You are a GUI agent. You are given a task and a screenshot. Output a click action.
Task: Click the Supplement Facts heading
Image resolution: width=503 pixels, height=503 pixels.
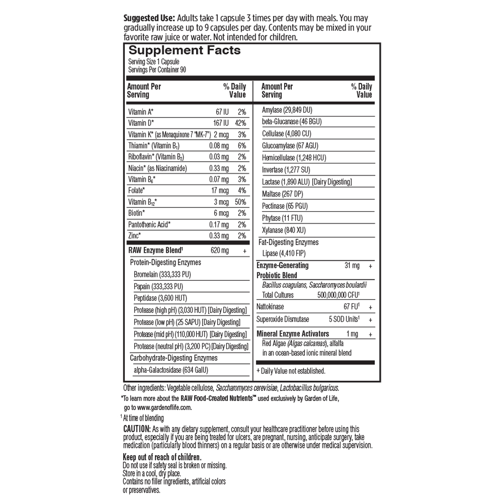184,51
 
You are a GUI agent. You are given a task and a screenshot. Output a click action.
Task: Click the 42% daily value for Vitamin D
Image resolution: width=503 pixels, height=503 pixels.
240,123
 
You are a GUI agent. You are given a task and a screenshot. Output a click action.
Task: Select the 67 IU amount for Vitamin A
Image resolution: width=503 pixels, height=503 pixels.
222,112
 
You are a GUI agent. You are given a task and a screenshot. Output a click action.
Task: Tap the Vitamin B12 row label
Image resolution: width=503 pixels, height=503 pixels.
142,202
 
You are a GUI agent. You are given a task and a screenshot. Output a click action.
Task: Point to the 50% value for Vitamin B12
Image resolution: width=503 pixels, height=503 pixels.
240,202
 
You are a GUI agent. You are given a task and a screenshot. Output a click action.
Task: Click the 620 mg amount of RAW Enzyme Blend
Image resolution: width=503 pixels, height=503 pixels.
220,250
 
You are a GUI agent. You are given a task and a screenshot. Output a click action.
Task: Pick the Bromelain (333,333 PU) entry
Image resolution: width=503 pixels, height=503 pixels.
162,274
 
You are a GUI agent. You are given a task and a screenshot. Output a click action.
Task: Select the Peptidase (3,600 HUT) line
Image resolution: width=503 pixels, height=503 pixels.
160,298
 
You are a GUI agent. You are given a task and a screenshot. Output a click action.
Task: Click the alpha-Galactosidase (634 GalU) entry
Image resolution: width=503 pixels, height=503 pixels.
171,370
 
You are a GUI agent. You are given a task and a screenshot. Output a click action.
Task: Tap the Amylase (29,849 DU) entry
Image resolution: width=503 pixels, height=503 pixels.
287,110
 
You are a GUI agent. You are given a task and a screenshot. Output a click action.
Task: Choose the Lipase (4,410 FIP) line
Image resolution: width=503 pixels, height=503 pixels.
284,253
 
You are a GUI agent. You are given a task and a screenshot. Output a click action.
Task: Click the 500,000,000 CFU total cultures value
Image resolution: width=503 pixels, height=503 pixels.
338,295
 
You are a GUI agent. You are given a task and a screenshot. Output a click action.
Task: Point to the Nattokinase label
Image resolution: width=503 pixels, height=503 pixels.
270,307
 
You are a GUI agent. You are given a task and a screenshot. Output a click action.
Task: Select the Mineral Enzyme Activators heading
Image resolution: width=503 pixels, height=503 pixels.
293,334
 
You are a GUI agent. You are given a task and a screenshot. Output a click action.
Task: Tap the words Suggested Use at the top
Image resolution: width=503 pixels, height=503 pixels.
149,18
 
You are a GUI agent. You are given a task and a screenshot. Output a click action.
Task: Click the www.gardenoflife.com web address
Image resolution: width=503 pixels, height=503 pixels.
164,407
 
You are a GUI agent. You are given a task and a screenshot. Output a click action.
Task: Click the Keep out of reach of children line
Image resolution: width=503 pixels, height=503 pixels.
162,457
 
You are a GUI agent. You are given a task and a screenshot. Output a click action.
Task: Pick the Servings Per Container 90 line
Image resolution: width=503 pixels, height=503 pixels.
157,70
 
